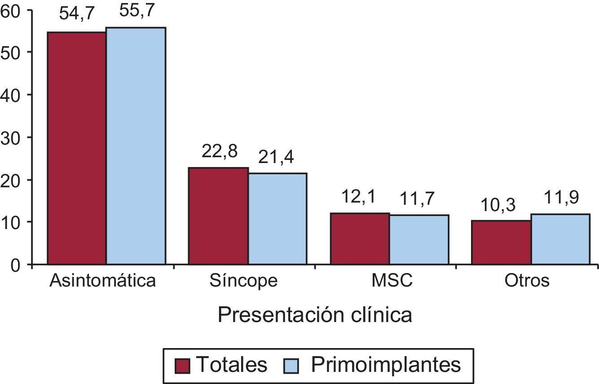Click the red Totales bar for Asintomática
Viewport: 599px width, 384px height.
tap(77, 148)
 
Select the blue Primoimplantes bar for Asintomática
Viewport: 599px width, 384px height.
tap(136, 146)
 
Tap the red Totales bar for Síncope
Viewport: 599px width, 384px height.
tap(218, 216)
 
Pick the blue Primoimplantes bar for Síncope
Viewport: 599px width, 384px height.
tap(277, 219)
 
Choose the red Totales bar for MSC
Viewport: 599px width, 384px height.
tap(360, 238)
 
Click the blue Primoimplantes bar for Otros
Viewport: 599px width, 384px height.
tap(560, 239)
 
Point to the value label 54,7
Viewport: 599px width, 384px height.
tap(77, 14)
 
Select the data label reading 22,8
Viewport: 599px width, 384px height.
tap(219, 151)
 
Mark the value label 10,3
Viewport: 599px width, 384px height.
tap(501, 205)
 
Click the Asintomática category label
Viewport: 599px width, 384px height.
tap(103, 281)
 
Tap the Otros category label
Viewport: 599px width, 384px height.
tap(527, 281)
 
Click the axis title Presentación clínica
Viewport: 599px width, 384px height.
tap(315, 315)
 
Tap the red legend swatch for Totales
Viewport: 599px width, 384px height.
tap(183, 366)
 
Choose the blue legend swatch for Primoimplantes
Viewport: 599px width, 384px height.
tap(291, 366)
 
